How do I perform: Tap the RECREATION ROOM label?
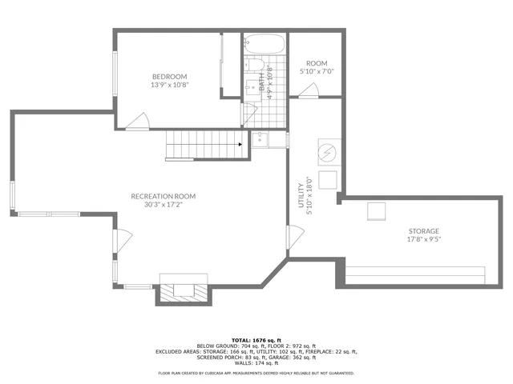[164, 196]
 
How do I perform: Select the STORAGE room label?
[423, 231]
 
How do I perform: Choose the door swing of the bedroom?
[137, 121]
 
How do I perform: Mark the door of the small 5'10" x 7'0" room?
[309, 90]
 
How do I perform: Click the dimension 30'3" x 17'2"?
[164, 205]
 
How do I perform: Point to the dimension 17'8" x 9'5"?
[423, 240]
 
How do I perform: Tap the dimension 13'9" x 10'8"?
[170, 84]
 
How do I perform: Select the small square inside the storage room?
[376, 211]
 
